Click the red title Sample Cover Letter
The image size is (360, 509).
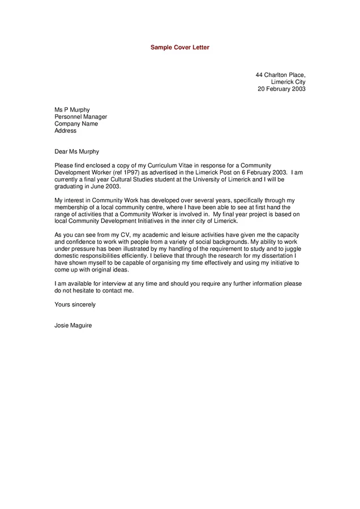[179, 48]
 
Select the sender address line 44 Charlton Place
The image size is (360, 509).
[280, 75]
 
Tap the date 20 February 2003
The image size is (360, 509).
[281, 89]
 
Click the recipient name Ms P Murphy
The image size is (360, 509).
[72, 110]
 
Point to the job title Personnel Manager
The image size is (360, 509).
[80, 117]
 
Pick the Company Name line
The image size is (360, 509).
[76, 124]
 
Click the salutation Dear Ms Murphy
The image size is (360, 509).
[76, 152]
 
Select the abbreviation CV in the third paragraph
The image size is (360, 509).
[123, 235]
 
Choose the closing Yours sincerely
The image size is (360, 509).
[75, 304]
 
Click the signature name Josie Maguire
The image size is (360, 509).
[73, 325]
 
